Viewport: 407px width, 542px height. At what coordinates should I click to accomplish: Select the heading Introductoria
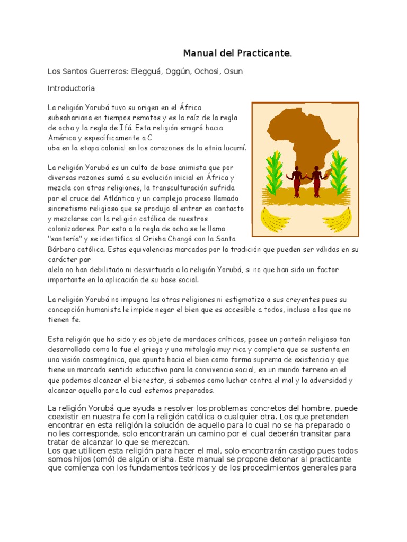click(72, 88)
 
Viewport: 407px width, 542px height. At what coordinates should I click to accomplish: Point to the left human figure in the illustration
click(296, 180)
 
